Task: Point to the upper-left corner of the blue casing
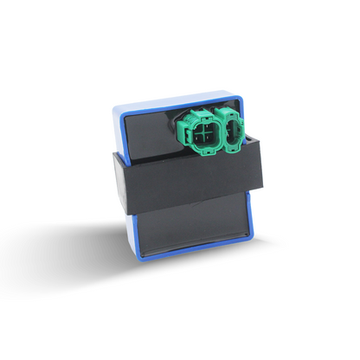[118, 108]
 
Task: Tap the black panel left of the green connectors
[151, 134]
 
